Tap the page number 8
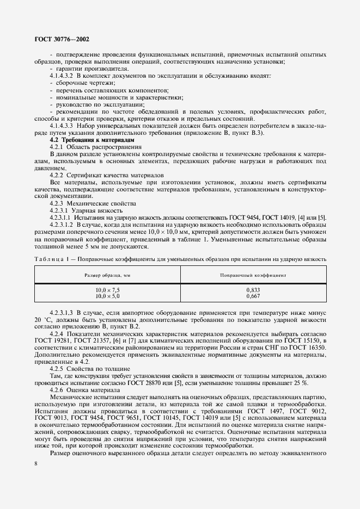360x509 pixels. (35, 463)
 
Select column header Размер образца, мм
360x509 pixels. (107, 276)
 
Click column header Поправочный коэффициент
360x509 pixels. (253, 276)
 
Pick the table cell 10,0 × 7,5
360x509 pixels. (107, 291)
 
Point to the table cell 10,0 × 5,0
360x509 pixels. (107, 297)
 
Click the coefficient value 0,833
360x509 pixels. (253, 291)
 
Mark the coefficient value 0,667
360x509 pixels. (253, 297)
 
